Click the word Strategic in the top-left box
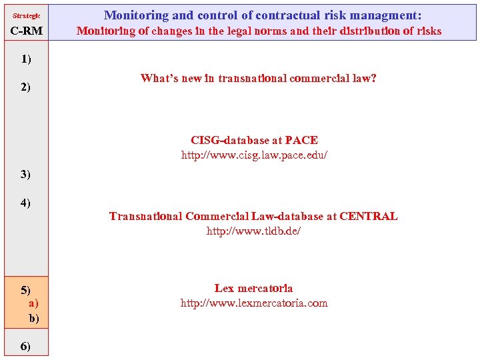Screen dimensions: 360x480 pos(27,15)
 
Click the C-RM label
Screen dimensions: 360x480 pos(27,31)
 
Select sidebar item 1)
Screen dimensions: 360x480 pos(26,59)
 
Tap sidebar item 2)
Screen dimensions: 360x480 pos(26,87)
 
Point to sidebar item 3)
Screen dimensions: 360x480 pos(26,175)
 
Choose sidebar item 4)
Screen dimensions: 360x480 pos(26,203)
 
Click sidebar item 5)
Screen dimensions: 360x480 pos(26,290)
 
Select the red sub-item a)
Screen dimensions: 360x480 pos(33,303)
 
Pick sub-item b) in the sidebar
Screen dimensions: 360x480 pos(34,318)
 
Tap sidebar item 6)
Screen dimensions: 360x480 pos(26,346)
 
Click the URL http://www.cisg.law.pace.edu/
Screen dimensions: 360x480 pos(255,155)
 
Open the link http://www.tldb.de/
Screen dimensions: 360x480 pos(253,231)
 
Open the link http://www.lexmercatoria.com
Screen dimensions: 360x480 pos(254,303)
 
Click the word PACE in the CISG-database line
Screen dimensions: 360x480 pos(301,140)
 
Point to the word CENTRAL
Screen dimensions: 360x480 pos(368,216)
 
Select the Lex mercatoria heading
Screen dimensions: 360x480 pos(253,288)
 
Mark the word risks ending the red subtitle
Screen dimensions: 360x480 pos(426,31)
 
